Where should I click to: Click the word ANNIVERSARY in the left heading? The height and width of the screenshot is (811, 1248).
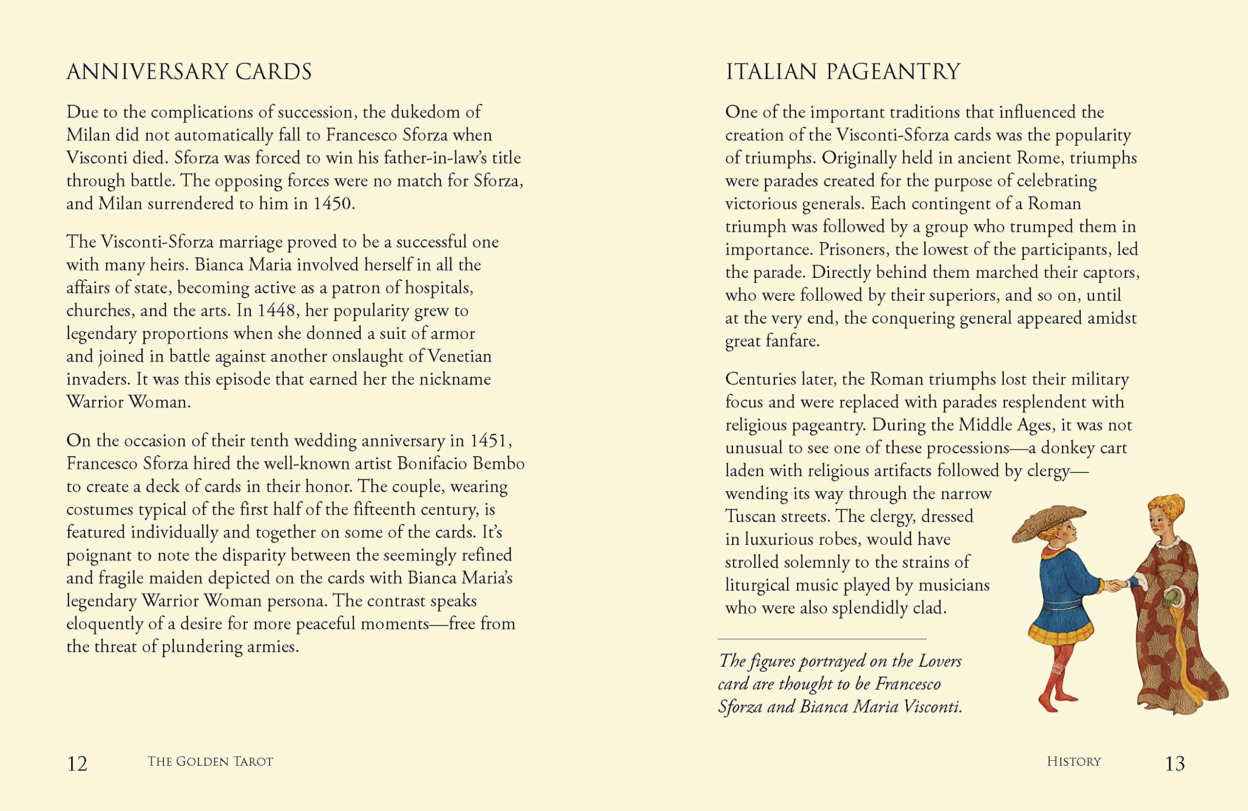pyautogui.click(x=147, y=72)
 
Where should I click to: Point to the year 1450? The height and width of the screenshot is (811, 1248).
pyautogui.click(x=332, y=203)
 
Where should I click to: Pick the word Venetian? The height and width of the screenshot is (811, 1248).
pyautogui.click(x=460, y=356)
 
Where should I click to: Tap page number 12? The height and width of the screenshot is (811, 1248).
pyautogui.click(x=77, y=763)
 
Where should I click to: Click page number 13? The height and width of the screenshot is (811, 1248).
pyautogui.click(x=1174, y=763)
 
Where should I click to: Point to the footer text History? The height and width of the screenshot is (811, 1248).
pyautogui.click(x=1073, y=762)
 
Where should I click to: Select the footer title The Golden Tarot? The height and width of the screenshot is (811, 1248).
pyautogui.click(x=210, y=762)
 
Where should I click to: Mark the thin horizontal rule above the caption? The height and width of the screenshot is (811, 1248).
pyautogui.click(x=822, y=639)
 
